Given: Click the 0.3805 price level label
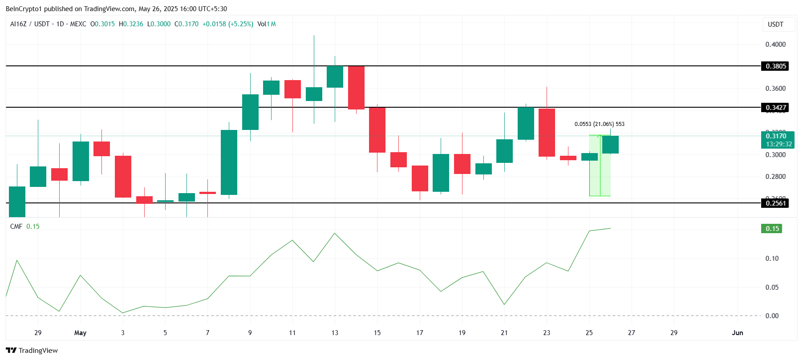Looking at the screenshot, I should tap(776, 66).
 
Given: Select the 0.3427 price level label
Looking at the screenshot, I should tap(776, 108).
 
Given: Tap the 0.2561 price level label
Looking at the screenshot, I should tap(776, 203).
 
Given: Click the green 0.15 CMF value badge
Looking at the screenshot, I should tap(772, 229).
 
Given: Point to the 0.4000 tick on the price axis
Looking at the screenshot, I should tap(775, 44).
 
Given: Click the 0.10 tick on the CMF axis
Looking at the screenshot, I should tap(772, 259).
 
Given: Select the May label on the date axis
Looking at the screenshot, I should tap(80, 333).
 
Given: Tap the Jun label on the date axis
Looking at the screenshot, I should tap(738, 333).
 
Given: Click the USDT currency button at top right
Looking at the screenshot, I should tap(775, 24).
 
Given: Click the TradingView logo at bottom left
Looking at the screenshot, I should tap(32, 350).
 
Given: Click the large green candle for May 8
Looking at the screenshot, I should tap(229, 162).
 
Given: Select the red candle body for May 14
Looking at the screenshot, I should tap(356, 88).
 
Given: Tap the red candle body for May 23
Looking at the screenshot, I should tap(547, 133).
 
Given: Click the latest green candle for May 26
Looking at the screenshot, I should tap(610, 145).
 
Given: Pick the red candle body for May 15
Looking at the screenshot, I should tap(377, 130).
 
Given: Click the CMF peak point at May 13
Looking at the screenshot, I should tap(335, 233).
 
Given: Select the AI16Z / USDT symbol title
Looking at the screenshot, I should tap(30, 24).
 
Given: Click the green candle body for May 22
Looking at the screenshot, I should tap(526, 124).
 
